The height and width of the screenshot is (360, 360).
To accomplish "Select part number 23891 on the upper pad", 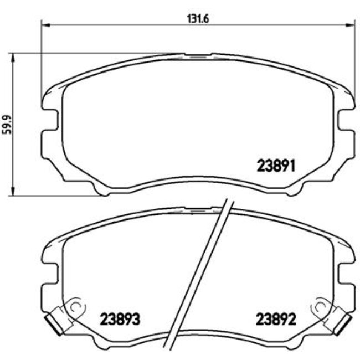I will (x=277, y=165).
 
